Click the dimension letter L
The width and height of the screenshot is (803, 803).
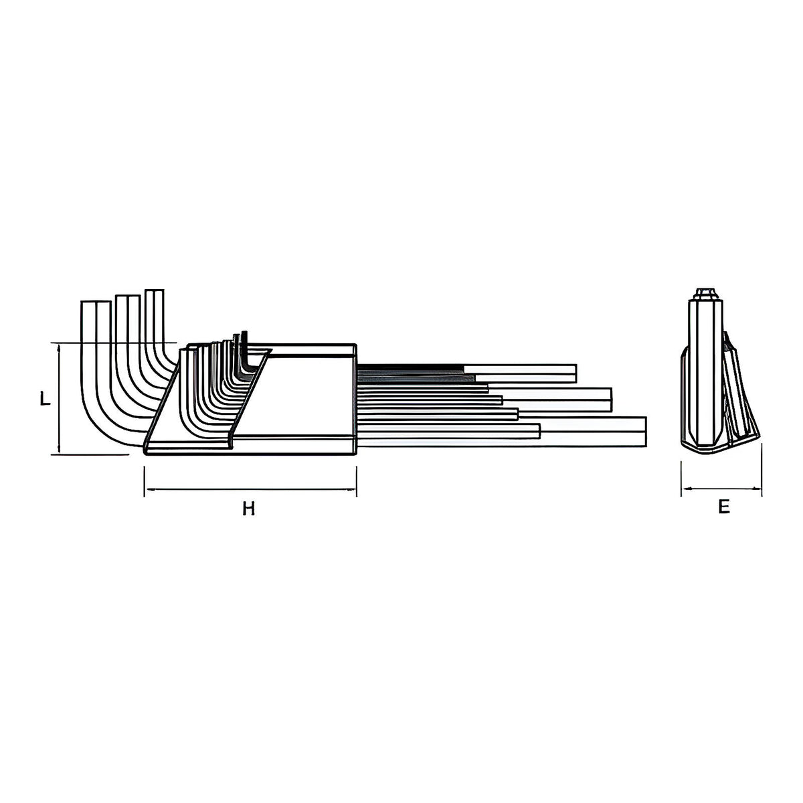(45, 399)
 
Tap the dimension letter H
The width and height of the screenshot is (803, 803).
(249, 509)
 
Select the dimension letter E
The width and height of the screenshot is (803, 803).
(724, 507)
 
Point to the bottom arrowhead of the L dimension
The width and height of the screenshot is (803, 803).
(60, 448)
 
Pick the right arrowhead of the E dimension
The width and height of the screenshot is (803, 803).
(755, 488)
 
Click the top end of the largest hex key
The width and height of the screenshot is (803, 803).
(96, 301)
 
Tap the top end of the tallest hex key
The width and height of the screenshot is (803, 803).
(154, 290)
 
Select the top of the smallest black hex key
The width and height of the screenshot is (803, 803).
(245, 332)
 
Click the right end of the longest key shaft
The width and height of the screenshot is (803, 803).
(646, 432)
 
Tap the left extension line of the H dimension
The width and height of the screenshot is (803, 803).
(144, 481)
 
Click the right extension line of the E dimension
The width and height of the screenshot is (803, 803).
(762, 470)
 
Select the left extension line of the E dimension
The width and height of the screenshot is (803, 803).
(681, 479)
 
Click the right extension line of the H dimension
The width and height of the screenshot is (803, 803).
(357, 481)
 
